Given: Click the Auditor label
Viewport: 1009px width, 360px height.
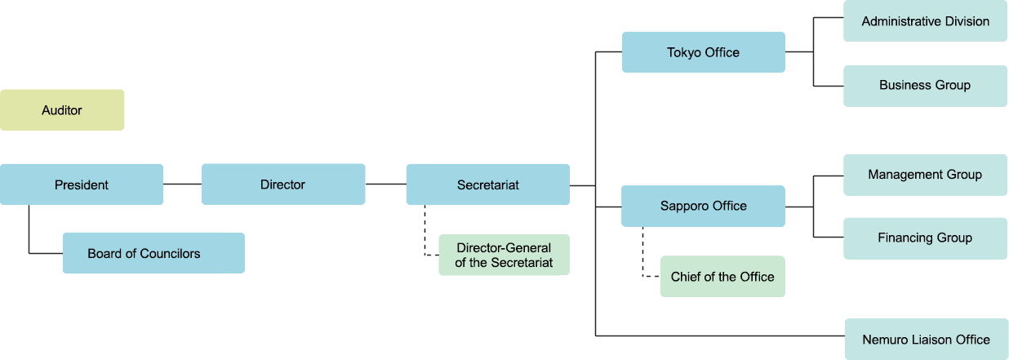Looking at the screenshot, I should coord(62,110).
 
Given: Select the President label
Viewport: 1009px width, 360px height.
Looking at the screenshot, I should coord(82,185).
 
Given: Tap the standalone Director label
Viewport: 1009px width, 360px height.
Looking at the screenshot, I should coord(282,185).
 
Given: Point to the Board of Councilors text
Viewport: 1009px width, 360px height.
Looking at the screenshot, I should coord(144,254).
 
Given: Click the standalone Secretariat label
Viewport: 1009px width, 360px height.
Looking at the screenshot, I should coord(488,185).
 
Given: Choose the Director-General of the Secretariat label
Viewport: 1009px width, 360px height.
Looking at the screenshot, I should coord(504,256).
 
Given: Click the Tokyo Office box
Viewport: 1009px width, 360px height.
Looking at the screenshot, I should coord(703,53).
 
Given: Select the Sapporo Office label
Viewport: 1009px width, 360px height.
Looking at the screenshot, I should coord(703,207).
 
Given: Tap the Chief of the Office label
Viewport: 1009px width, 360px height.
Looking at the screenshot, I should coord(722,278).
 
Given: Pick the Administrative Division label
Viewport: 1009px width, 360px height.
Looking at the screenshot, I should coord(925,22).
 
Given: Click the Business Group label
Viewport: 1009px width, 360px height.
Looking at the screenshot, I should coord(924,86).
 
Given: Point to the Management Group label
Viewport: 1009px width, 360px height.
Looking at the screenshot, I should coord(924,175).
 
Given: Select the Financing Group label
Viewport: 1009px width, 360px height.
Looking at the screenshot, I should coord(924,238).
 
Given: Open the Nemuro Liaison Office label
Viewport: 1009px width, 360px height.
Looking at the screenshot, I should coord(926,340).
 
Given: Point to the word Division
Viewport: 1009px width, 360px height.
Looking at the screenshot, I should coord(965,22).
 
